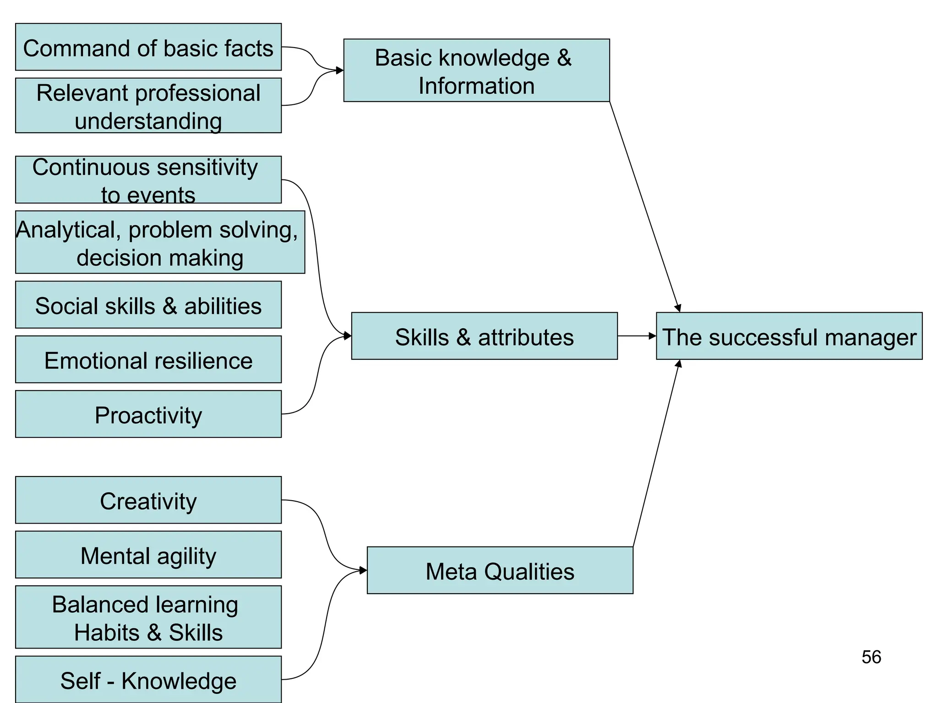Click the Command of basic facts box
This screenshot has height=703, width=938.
click(148, 47)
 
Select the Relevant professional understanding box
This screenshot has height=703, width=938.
click(148, 106)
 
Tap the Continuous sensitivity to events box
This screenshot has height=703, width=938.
click(148, 180)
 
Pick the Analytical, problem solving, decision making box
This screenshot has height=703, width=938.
click(159, 242)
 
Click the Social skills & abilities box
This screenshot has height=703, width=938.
click(148, 305)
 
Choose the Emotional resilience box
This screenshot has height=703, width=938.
click(148, 360)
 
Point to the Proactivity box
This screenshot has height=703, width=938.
click(148, 414)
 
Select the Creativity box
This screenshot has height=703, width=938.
click(148, 500)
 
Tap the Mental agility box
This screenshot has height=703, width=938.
click(148, 555)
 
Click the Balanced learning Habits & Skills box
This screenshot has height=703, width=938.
click(148, 617)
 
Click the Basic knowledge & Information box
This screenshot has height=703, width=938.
click(476, 70)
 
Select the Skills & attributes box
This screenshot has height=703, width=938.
click(484, 336)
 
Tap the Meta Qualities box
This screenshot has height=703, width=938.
click(500, 570)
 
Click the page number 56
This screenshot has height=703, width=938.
click(871, 657)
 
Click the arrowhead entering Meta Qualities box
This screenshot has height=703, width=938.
click(363, 570)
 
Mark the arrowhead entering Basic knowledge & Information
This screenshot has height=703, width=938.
click(340, 70)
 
